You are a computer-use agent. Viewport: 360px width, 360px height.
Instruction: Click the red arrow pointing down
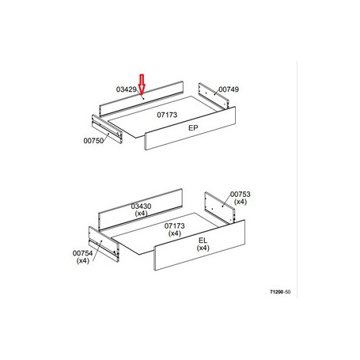(x=142, y=85)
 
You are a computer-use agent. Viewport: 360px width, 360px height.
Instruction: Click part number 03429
(x=127, y=89)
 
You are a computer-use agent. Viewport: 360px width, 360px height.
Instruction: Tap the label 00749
(x=229, y=89)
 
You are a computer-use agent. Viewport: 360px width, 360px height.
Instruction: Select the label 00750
(x=93, y=141)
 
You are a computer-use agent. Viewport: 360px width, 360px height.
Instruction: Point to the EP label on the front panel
(x=193, y=128)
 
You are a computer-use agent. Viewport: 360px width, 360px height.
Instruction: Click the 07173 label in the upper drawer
(x=167, y=115)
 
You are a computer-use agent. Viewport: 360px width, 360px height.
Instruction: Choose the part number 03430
(x=141, y=206)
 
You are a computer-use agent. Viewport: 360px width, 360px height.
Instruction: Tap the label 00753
(x=241, y=195)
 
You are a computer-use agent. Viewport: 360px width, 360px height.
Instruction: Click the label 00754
(x=82, y=253)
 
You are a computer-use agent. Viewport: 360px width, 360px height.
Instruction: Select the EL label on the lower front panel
(x=203, y=241)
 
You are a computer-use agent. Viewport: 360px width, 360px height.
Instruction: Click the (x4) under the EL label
(x=203, y=248)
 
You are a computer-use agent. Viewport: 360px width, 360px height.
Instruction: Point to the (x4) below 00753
(x=241, y=202)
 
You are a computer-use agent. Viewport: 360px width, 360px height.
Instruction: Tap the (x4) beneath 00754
(x=82, y=260)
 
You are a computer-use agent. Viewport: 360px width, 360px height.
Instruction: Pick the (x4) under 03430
(x=141, y=214)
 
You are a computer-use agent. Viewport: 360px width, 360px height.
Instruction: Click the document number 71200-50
(x=280, y=292)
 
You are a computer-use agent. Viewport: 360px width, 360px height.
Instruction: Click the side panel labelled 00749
(x=214, y=96)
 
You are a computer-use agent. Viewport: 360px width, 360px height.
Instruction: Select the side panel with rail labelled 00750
(x=107, y=129)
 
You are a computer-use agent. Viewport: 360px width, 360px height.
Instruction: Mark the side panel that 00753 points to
(x=220, y=208)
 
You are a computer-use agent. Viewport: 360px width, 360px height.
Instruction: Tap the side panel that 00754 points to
(x=104, y=244)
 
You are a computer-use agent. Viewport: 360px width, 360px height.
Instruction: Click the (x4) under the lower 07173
(x=175, y=233)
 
